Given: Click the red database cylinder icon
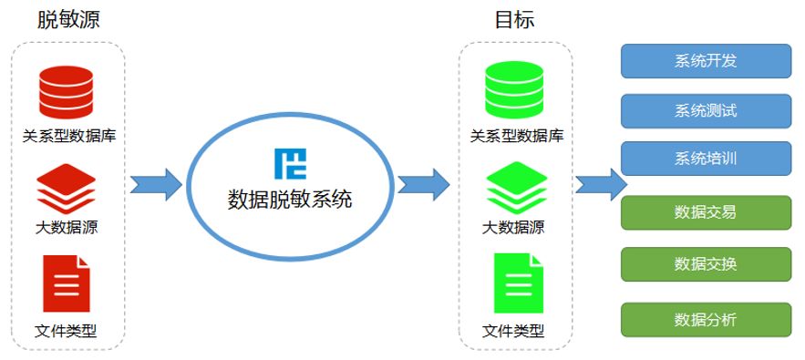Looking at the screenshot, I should coord(67,92).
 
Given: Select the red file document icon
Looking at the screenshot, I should coord(67,283).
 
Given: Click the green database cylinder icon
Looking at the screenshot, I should coord(513,92).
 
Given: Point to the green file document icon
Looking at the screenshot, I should coord(513,283).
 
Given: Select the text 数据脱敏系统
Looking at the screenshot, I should coord(290,197).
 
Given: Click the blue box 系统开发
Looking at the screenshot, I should coord(706,61).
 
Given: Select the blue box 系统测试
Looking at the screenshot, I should coord(706,110).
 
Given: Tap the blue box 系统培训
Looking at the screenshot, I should coord(706,158).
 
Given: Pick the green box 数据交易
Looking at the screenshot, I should coord(706,212).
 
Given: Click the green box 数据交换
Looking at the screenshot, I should coord(706,264).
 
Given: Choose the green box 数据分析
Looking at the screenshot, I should coord(706,319).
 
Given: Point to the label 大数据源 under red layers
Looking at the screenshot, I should coord(67,228).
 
